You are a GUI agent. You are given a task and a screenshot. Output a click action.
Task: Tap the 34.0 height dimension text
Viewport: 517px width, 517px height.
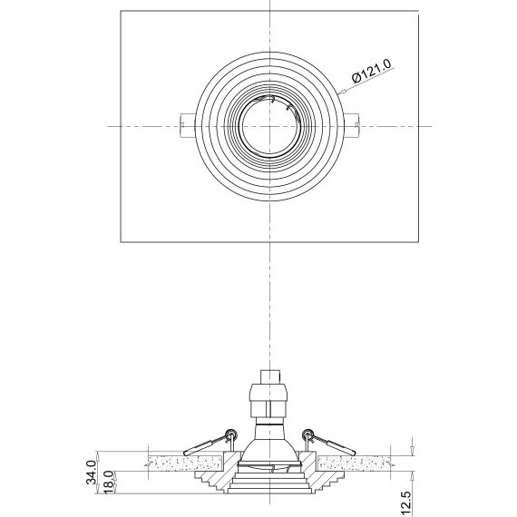click(x=91, y=473)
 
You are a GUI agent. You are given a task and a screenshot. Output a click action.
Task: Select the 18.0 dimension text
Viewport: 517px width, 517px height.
click(x=107, y=482)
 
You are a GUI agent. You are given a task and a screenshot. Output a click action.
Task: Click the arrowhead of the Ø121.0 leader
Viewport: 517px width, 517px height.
click(x=341, y=93)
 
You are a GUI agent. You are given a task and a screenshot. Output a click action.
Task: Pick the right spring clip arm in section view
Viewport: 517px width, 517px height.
click(x=337, y=444)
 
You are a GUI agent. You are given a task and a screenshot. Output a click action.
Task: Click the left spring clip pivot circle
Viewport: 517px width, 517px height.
click(x=232, y=434)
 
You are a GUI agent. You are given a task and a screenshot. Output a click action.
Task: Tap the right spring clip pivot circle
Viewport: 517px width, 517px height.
click(x=308, y=434)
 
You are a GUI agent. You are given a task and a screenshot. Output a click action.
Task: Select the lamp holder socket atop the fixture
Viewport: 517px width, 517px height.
click(x=270, y=399)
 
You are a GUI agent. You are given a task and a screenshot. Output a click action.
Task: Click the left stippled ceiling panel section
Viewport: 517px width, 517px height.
click(x=172, y=463)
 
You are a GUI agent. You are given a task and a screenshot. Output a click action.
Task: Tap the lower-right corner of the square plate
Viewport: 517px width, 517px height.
click(x=420, y=242)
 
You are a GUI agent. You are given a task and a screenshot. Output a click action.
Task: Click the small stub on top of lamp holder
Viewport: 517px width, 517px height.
click(x=270, y=375)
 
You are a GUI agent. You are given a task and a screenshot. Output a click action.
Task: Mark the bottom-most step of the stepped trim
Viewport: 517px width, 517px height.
click(x=270, y=490)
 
